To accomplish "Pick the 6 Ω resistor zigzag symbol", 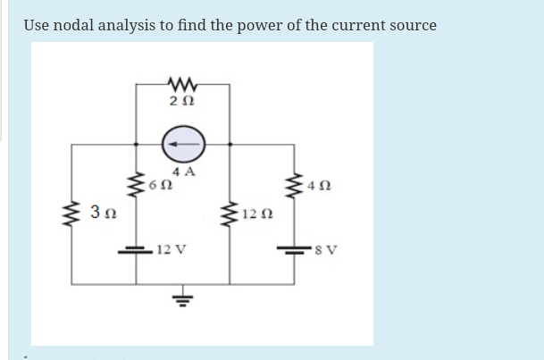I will click(136, 187).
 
